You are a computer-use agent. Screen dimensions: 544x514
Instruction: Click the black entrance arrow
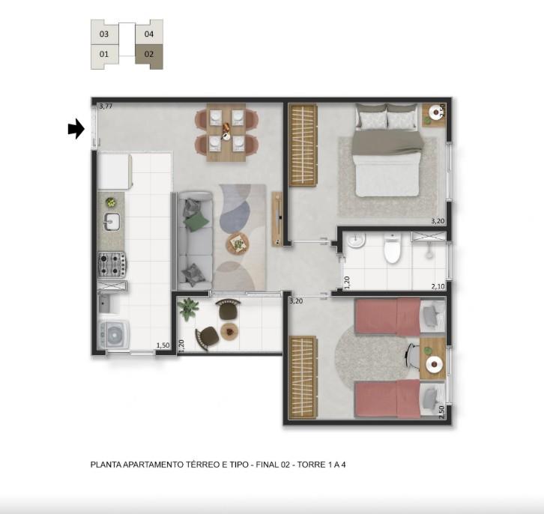click(x=76, y=129)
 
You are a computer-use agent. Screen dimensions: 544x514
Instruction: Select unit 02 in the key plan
click(x=149, y=55)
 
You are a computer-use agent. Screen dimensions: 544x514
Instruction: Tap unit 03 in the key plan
click(x=104, y=34)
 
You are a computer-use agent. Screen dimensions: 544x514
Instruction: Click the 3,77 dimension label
click(x=106, y=106)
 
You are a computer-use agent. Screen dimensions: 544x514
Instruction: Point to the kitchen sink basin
click(x=112, y=222)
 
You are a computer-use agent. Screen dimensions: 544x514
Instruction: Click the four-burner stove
click(x=112, y=264)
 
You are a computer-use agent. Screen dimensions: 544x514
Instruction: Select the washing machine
click(x=114, y=335)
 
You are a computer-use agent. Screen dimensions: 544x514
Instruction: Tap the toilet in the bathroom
click(x=393, y=248)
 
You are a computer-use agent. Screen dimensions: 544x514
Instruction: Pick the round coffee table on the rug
click(x=238, y=244)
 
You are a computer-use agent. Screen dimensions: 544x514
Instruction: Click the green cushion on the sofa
click(x=197, y=220)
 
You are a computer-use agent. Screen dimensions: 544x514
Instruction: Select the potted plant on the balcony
click(x=188, y=309)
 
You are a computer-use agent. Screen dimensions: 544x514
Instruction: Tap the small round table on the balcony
click(x=229, y=331)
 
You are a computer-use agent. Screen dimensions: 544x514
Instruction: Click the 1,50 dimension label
click(x=163, y=345)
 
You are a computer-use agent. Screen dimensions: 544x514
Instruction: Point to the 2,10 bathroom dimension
click(x=438, y=286)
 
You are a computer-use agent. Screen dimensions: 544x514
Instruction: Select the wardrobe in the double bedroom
click(x=303, y=145)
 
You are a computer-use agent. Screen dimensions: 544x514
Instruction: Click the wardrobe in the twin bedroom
click(x=303, y=377)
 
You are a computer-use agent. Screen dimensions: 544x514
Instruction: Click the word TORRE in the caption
click(x=311, y=465)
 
